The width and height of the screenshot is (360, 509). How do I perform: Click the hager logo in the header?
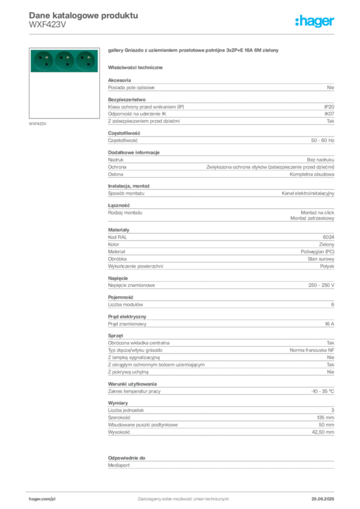pyautogui.click(x=315, y=21)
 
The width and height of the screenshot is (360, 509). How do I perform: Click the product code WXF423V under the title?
pyautogui.click(x=47, y=25)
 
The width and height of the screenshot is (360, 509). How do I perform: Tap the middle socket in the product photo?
pyautogui.click(x=64, y=61)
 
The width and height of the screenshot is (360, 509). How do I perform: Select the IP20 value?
pyautogui.click(x=329, y=107)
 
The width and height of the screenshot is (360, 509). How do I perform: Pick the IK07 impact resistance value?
pyautogui.click(x=329, y=114)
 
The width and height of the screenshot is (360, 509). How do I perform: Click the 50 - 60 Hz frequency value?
pyautogui.click(x=322, y=141)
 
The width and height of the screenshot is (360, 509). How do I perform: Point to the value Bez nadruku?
pyautogui.click(x=320, y=160)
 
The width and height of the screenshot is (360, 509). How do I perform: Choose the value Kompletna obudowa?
pyautogui.click(x=312, y=174)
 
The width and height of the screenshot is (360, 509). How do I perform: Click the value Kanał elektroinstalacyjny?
pyautogui.click(x=308, y=193)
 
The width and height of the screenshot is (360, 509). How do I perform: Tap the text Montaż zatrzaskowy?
pyautogui.click(x=312, y=219)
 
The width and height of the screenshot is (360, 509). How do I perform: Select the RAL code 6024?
pyautogui.click(x=329, y=237)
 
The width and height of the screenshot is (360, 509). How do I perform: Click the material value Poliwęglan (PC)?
pyautogui.click(x=317, y=252)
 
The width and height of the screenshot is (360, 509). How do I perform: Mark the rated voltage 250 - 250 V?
pyautogui.click(x=321, y=285)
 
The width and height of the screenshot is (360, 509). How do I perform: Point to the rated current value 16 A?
pyautogui.click(x=330, y=324)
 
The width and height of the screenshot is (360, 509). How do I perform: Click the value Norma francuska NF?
pyautogui.click(x=312, y=350)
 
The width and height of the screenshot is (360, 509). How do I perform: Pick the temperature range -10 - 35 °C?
pyautogui.click(x=323, y=392)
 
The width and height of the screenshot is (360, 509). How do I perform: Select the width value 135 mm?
pyautogui.click(x=326, y=418)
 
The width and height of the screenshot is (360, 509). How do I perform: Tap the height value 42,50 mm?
pyautogui.click(x=323, y=432)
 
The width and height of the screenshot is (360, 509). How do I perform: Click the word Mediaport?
pyautogui.click(x=119, y=465)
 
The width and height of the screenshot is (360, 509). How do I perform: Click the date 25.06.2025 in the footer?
pyautogui.click(x=323, y=499)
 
